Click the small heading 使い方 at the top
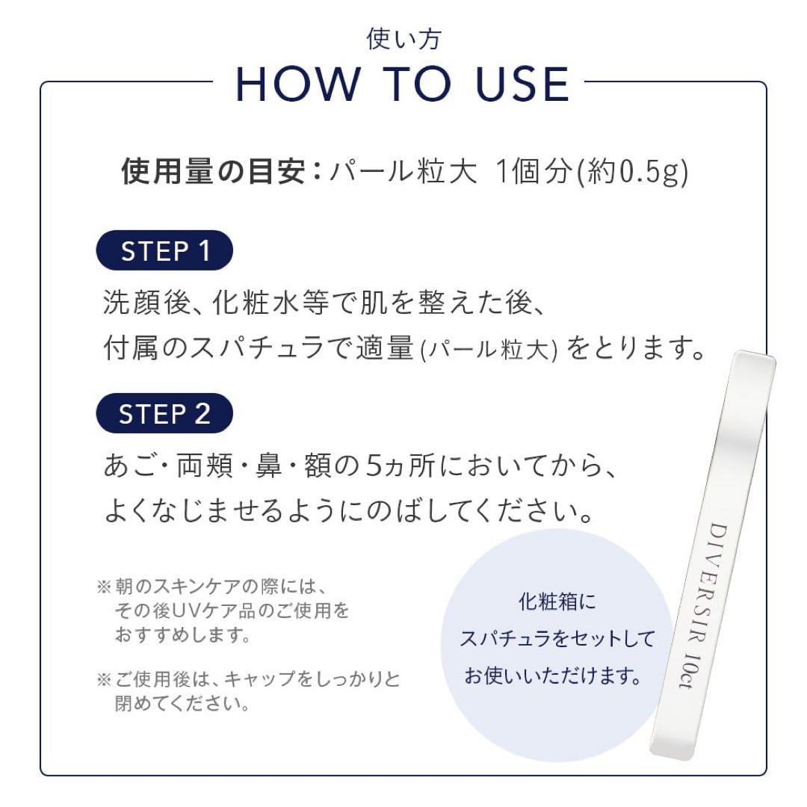pyautogui.click(x=403, y=39)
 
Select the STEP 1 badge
pyautogui.click(x=165, y=250)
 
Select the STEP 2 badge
pyautogui.click(x=165, y=413)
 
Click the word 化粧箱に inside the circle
pyautogui.click(x=557, y=602)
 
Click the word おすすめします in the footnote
pyautogui.click(x=182, y=636)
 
